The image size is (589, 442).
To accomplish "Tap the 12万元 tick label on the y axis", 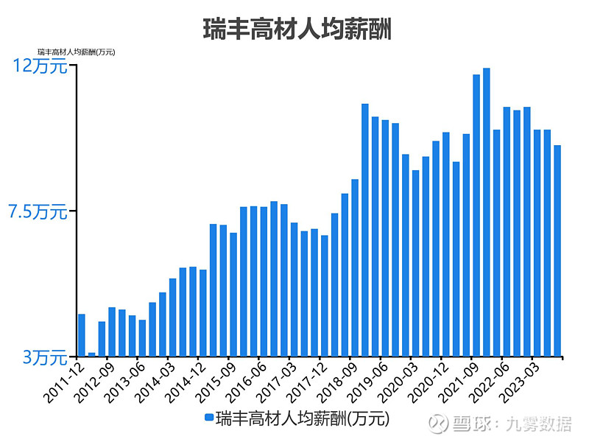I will (40, 66).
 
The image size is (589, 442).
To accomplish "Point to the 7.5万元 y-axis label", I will (37, 212).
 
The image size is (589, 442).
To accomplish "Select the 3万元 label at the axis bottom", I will (43, 357).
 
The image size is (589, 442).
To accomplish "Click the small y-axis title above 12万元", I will (76, 52).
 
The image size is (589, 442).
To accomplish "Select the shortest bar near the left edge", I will (92, 354).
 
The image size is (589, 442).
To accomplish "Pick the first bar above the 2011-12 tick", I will (82, 335).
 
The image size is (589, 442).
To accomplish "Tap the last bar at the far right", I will (557, 250).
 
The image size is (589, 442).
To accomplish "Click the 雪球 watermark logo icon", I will (439, 424).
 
